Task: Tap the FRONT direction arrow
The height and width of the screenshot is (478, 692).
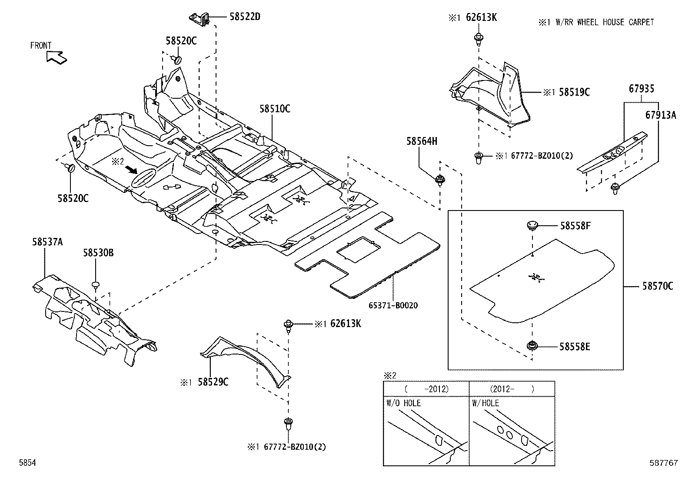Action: pos(56,57)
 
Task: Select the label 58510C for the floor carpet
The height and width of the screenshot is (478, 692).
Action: pos(275,109)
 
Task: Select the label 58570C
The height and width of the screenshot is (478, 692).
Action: pos(657,286)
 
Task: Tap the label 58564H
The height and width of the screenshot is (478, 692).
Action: pos(422,141)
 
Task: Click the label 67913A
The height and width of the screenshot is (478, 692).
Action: pos(661,115)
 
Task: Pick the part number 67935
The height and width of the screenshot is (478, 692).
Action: pos(641,89)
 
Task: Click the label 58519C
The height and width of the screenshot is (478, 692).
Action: pos(574,92)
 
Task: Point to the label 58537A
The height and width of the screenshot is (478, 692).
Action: pos(47,242)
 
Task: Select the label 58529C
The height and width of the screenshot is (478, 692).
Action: pos(213,382)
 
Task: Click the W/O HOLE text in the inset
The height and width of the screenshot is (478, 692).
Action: pos(403,403)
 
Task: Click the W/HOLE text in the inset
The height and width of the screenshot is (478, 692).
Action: pos(486,403)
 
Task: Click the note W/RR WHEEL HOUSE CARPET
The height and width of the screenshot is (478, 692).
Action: pos(604,22)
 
